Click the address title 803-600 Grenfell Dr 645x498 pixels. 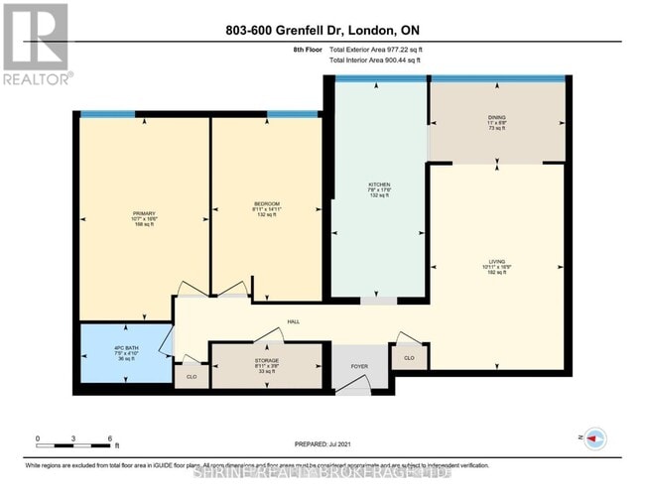[322, 31]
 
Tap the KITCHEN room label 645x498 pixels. [379, 186]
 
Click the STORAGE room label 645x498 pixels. [266, 359]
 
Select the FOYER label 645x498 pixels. [359, 366]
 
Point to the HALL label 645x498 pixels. [294, 321]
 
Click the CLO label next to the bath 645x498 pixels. [192, 376]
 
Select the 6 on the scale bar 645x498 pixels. [110, 437]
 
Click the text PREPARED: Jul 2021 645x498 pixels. [324, 444]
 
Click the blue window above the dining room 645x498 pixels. [497, 78]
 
